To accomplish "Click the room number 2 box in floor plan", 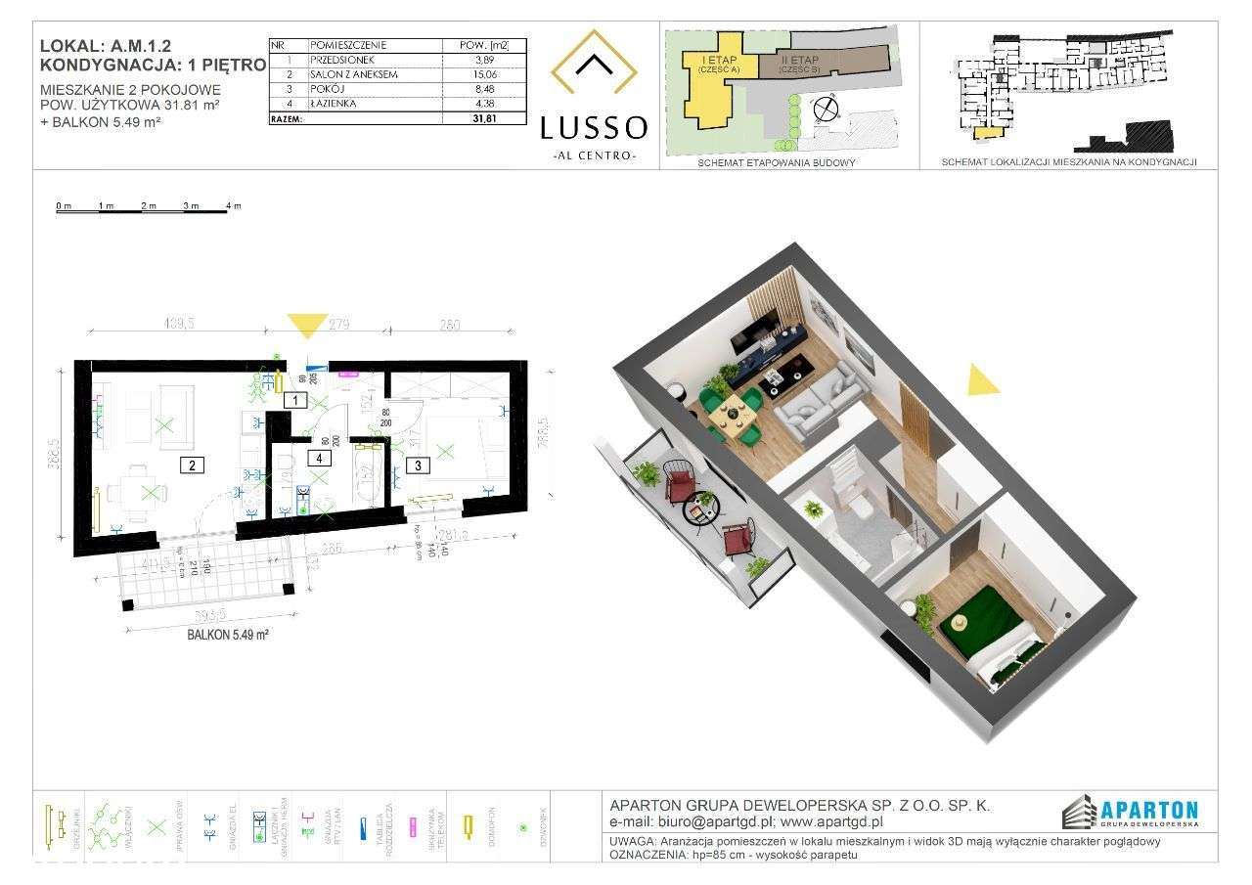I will tap(195, 465).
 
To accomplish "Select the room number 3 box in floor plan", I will tap(419, 465).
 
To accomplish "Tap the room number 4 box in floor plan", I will tap(319, 457).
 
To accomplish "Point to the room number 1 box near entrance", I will tap(292, 399).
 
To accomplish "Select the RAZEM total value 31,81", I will tap(486, 118).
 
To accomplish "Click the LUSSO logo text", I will tap(594, 127).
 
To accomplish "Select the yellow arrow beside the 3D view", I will tap(981, 379).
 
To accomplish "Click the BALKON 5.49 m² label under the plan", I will tap(228, 634).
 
